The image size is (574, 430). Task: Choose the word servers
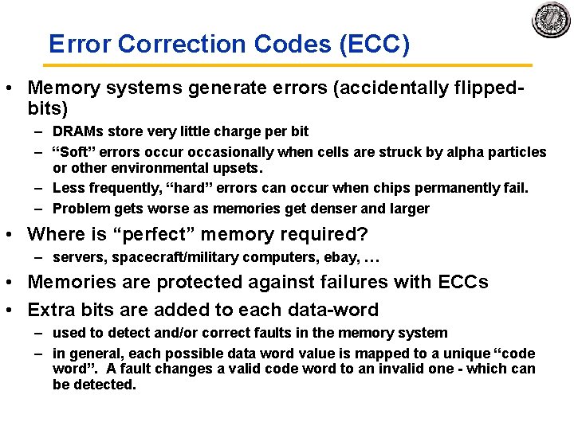coord(80,258)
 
